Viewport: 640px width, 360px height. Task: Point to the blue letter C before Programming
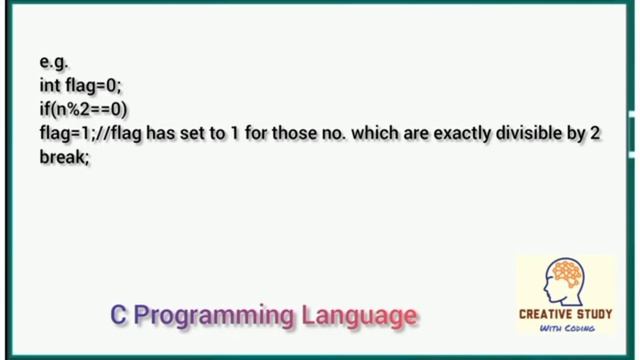(x=118, y=316)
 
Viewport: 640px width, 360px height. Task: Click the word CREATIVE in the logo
(x=544, y=314)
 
